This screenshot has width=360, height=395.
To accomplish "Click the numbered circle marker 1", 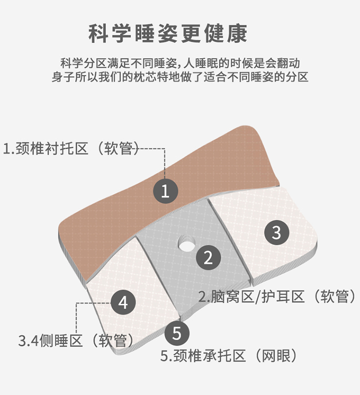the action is coord(166,191).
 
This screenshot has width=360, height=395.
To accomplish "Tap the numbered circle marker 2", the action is coord(208,258).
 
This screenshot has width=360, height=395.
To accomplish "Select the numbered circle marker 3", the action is coord(276,232).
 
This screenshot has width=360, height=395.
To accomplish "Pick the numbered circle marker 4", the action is coord(123,302).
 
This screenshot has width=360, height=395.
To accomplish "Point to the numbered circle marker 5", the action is coord(177,333).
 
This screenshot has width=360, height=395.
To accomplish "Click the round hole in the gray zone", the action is coord(186,243).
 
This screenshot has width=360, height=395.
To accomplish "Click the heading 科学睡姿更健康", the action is coord(168,34).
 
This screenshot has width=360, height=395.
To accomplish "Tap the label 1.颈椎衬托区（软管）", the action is coord(71,148).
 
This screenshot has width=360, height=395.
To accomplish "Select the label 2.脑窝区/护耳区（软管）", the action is coord(277,297).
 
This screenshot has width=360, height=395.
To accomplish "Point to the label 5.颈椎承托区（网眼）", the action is coord(229,356).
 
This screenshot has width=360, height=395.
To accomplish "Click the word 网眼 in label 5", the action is coord(276,356).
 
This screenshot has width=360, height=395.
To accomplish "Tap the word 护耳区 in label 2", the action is coord(283,297).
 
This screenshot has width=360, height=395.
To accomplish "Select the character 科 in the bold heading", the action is coord(98,34).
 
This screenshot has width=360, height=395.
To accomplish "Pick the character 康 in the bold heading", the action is coord(237,34).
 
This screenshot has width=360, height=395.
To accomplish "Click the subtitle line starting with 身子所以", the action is coord(180,77).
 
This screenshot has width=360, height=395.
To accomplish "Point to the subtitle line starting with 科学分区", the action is coord(180,63).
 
